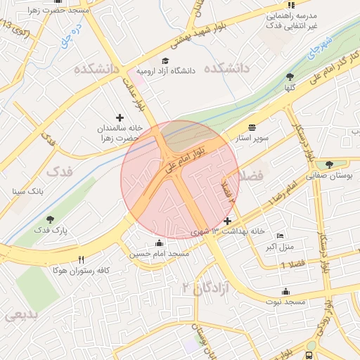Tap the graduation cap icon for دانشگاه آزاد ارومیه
[165, 61]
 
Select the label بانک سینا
[28, 191]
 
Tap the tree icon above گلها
[290, 77]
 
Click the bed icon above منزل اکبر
[281, 236]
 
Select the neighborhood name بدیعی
[20, 316]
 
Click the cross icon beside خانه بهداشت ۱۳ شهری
[226, 221]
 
